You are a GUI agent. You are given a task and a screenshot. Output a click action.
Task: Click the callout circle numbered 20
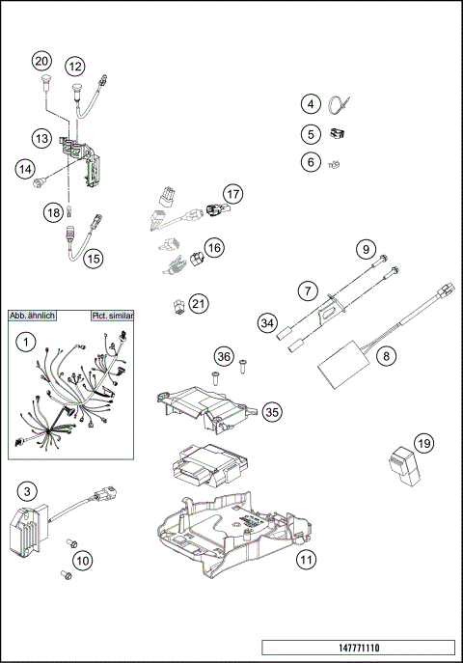[x=41, y=60]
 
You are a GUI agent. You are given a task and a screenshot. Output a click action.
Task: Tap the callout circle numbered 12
[x=75, y=66]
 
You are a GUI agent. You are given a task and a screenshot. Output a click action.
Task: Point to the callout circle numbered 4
[x=310, y=104]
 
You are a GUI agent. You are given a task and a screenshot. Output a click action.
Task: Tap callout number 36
[x=224, y=356]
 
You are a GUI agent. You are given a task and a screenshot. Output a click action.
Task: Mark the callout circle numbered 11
[x=306, y=559]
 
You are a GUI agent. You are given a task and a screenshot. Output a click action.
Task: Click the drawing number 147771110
[x=357, y=647]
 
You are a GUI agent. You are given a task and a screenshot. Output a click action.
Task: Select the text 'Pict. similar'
[x=112, y=316]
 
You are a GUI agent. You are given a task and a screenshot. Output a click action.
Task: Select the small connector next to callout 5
[x=338, y=134]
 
